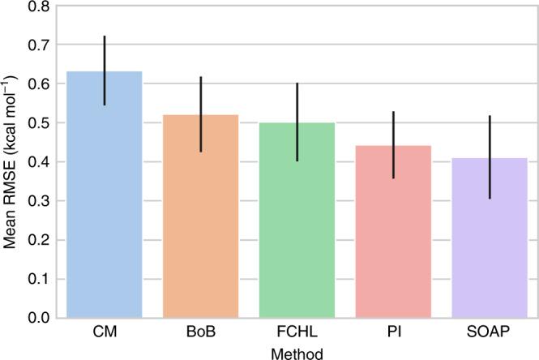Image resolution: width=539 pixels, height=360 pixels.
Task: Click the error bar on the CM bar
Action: (x=104, y=71)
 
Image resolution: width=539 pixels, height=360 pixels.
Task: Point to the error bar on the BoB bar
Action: (x=201, y=114)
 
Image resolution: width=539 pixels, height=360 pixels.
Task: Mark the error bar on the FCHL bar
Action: (x=297, y=122)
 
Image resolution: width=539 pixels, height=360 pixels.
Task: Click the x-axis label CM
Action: (x=104, y=334)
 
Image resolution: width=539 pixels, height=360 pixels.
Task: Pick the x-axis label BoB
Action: (x=201, y=334)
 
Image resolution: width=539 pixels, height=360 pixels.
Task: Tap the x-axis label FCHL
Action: (x=297, y=334)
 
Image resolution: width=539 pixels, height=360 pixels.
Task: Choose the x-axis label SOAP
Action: (x=490, y=334)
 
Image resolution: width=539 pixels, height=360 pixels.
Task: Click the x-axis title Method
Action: (x=297, y=352)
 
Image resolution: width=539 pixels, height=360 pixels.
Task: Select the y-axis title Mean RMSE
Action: (x=11, y=162)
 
